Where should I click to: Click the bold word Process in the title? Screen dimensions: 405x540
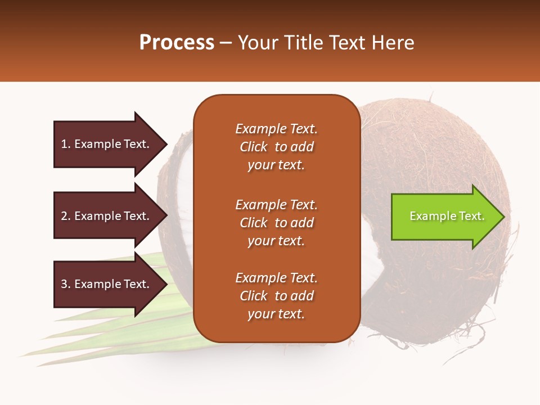click(177, 43)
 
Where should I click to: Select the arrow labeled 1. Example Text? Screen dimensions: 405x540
click(107, 144)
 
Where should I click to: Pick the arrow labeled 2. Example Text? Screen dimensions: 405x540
click(107, 216)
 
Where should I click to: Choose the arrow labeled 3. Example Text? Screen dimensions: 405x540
click(107, 284)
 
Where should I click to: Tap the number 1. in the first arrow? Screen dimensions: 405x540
click(66, 144)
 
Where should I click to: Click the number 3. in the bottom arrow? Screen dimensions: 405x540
click(66, 284)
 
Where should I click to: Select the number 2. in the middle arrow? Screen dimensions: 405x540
click(66, 216)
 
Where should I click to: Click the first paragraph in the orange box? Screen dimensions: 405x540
click(276, 147)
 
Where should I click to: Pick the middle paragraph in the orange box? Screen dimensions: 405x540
click(276, 223)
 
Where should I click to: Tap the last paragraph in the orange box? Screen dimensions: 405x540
click(276, 296)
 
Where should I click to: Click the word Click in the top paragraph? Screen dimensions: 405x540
click(254, 147)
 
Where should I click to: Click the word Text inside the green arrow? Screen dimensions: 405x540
click(471, 216)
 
